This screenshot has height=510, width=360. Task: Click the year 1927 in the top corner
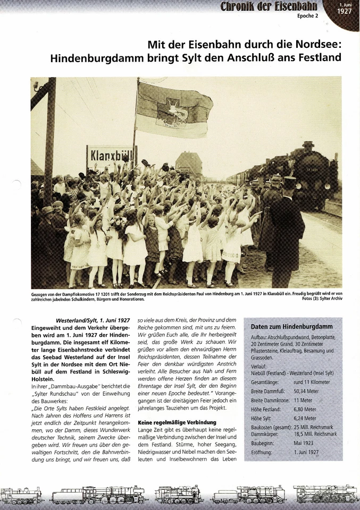(x=344, y=11)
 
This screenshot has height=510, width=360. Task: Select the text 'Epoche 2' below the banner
(x=307, y=16)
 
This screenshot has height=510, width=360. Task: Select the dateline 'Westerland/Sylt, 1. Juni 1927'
(x=93, y=320)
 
